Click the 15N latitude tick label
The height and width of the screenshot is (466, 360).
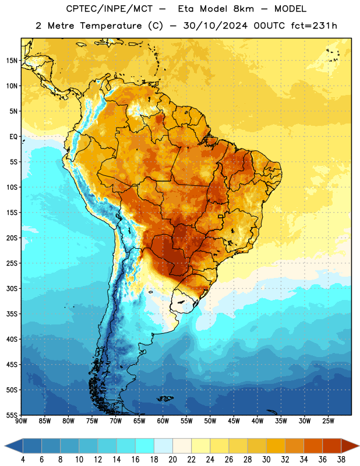pos(12,61)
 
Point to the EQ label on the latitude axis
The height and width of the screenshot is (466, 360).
pos(13,137)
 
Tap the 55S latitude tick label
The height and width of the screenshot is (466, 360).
pos(12,415)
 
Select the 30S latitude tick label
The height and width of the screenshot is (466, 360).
pos(12,288)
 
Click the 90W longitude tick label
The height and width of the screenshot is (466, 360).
pos(21,421)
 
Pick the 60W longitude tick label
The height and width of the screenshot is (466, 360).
pos(163,421)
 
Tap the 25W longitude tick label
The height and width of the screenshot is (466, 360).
pos(328,421)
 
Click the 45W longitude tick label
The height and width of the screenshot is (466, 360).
pos(234,421)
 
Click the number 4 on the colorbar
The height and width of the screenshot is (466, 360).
pos(23,460)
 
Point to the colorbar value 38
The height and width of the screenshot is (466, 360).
pos(341,460)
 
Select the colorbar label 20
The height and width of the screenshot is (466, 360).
pos(172,460)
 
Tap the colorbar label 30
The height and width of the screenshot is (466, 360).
pos(266,460)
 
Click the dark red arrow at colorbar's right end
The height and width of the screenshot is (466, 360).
pos(350,446)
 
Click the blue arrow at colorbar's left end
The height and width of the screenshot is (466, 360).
pos(14,446)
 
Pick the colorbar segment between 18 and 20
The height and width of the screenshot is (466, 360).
pos(163,446)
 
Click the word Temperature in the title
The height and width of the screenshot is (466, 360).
pos(111,26)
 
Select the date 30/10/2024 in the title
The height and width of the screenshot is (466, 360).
pos(216,26)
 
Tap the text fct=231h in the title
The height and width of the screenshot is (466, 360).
pos(314,26)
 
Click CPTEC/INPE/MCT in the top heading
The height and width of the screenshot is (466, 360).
pos(110,9)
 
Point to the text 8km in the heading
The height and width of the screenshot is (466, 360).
pos(243,9)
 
